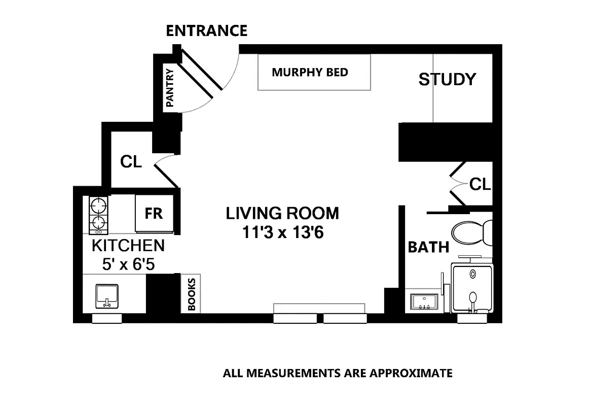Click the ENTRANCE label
[x=207, y=31]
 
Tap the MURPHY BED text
[x=310, y=72]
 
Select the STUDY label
[x=447, y=79]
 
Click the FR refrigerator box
[x=154, y=214]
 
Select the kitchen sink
[x=107, y=296]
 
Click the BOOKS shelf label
[x=192, y=294]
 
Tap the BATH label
[x=428, y=247]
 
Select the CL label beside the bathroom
[x=480, y=184]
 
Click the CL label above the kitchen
[x=131, y=162]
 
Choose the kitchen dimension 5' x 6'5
[x=128, y=264]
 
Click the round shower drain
[x=472, y=274]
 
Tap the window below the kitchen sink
[x=107, y=318]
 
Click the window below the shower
[x=472, y=318]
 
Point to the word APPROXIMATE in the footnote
[x=411, y=374]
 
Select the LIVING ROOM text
[x=282, y=213]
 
